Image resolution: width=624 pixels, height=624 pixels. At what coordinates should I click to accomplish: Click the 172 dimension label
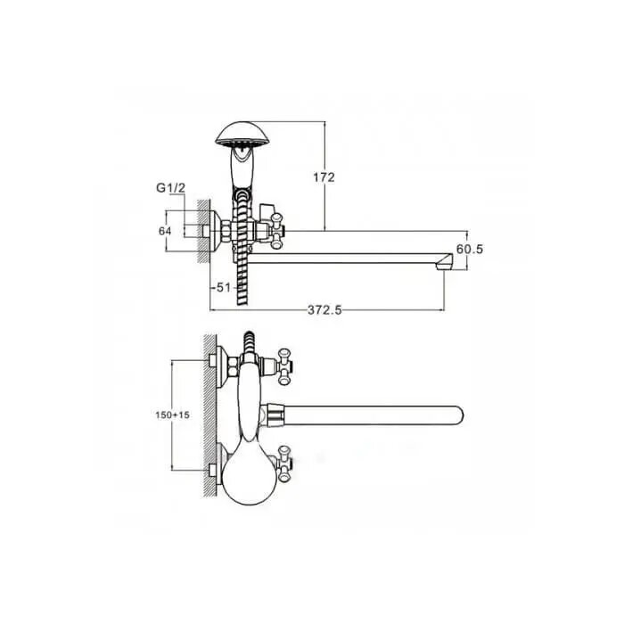point(324,177)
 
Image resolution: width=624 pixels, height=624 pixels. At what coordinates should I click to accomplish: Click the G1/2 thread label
point(171,188)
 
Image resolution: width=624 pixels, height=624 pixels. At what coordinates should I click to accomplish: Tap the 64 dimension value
point(165,231)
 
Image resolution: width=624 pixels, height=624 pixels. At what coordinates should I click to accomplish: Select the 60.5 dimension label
point(470,249)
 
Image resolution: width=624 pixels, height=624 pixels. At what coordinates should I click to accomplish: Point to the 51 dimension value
point(223,287)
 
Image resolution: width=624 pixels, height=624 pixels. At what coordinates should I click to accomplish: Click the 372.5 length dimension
point(324,310)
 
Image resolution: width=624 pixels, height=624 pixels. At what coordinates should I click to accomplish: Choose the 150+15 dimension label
point(172,415)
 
